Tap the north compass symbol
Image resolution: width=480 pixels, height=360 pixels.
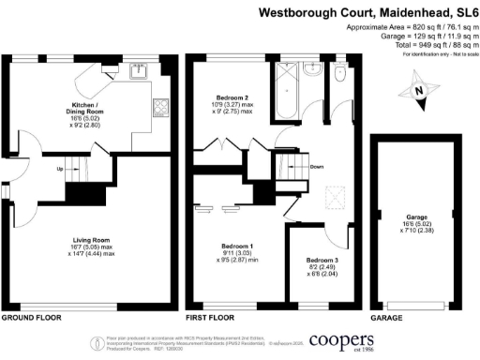[419, 91]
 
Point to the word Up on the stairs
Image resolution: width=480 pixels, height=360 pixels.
[61, 170]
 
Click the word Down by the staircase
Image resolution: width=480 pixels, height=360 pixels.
[316, 167]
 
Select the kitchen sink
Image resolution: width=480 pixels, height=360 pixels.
[140, 68]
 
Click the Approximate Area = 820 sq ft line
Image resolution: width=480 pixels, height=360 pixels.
[400, 29]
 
